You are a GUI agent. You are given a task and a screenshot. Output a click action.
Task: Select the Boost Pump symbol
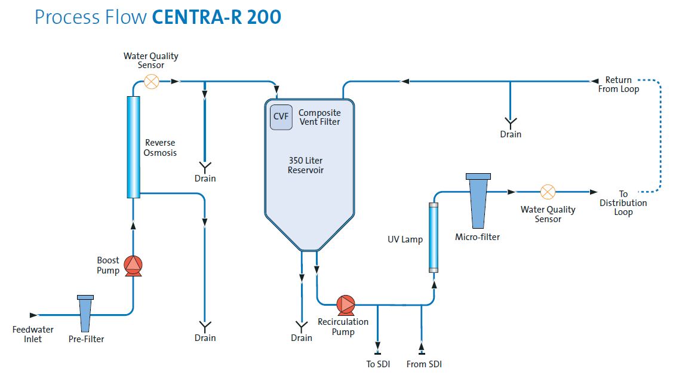(x=133, y=265)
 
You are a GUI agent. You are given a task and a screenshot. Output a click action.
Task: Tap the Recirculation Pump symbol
(x=345, y=305)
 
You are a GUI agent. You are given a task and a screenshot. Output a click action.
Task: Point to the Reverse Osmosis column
(x=133, y=146)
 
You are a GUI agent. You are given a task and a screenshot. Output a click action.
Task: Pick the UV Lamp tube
(x=434, y=237)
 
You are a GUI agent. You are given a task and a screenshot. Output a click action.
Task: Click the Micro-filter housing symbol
(x=478, y=200)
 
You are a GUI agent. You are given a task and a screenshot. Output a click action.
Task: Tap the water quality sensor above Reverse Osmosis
(x=152, y=81)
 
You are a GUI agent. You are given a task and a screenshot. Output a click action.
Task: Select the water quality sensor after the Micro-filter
(x=548, y=192)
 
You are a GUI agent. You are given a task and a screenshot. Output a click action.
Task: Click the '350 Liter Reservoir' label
(x=306, y=165)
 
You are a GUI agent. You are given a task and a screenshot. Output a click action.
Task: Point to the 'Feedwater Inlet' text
(x=33, y=334)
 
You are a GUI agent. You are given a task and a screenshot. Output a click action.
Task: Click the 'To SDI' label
(x=378, y=364)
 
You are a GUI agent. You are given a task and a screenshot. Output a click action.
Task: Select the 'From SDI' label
(x=424, y=364)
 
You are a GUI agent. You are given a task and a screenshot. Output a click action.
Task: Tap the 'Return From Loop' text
(x=619, y=84)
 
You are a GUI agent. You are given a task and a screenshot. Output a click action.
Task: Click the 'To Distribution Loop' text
(x=623, y=203)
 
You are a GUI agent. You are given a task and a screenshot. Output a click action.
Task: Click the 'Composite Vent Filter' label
(x=319, y=117)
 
